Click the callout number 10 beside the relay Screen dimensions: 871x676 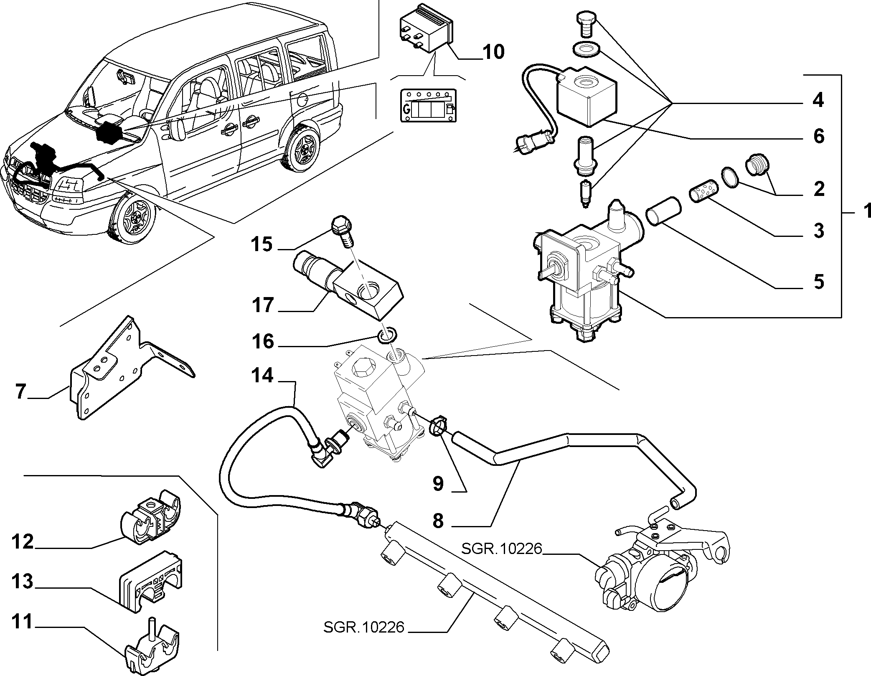point(493,52)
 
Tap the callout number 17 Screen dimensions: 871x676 point(262,305)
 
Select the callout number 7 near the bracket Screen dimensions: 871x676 point(21,391)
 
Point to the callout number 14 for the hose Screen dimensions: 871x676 point(262,376)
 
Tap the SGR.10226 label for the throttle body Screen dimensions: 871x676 point(501,548)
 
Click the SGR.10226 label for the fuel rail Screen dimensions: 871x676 point(364,627)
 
